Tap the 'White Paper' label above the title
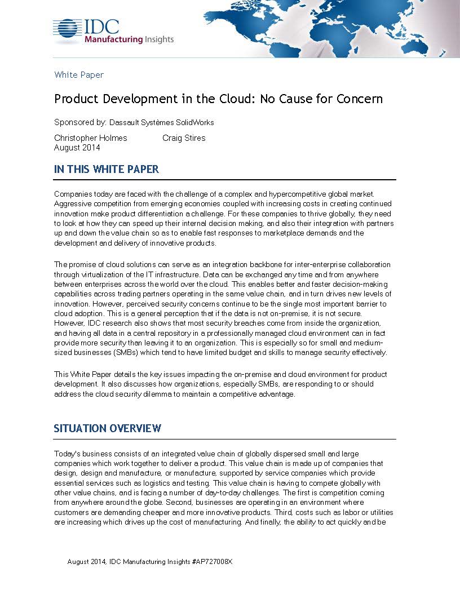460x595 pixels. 79,74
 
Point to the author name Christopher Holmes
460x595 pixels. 91,138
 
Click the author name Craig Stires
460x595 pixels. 184,138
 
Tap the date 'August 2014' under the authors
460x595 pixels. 77,148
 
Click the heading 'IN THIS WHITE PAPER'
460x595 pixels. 107,170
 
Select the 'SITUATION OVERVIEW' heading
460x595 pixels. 108,429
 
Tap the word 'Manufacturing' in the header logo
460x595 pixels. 112,39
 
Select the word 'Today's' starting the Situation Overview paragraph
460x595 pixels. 67,454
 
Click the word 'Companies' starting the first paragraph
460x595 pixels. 72,194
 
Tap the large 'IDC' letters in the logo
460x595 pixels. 101,26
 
